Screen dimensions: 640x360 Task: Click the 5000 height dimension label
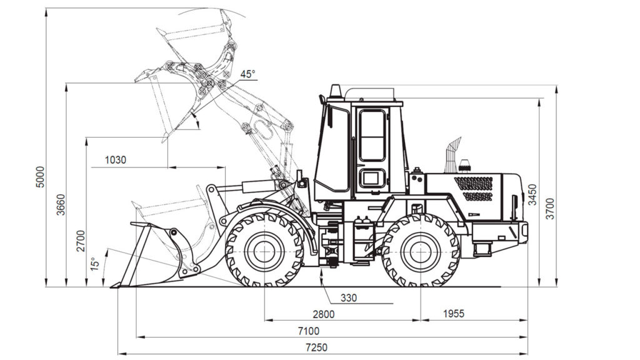pyautogui.click(x=39, y=177)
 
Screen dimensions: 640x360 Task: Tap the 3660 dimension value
pyautogui.click(x=61, y=204)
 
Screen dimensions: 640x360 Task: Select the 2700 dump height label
pyautogui.click(x=81, y=241)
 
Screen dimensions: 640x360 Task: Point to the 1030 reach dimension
pyautogui.click(x=116, y=160)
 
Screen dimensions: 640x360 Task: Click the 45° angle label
pyautogui.click(x=247, y=74)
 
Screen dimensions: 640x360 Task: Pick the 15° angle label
pyautogui.click(x=95, y=264)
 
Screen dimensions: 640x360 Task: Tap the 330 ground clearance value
pyautogui.click(x=349, y=298)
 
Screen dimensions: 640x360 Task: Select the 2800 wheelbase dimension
pyautogui.click(x=324, y=314)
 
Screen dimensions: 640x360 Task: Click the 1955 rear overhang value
pyautogui.click(x=454, y=314)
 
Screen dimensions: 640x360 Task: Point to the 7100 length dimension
pyautogui.click(x=309, y=331)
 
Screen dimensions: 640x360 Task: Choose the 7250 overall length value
pyautogui.click(x=316, y=347)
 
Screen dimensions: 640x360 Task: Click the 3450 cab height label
pyautogui.click(x=532, y=195)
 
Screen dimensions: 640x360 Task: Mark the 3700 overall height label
pyautogui.click(x=550, y=209)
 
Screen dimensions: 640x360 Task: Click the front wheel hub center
pyautogui.click(x=264, y=251)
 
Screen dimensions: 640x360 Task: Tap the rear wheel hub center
pyautogui.click(x=421, y=251)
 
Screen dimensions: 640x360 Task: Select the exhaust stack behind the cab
pyautogui.click(x=451, y=155)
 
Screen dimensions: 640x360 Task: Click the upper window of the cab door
pyautogui.click(x=372, y=135)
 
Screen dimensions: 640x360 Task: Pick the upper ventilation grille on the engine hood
pyautogui.click(x=474, y=183)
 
